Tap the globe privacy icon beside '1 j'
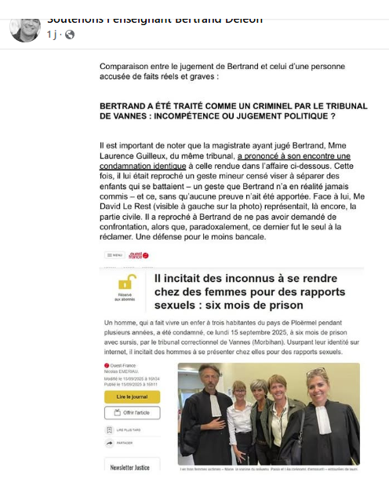(x=70, y=35)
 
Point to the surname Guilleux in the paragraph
(x=145, y=156)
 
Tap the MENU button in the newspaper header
(x=115, y=256)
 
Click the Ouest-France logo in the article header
(x=139, y=256)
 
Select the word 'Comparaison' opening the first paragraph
(x=125, y=68)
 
